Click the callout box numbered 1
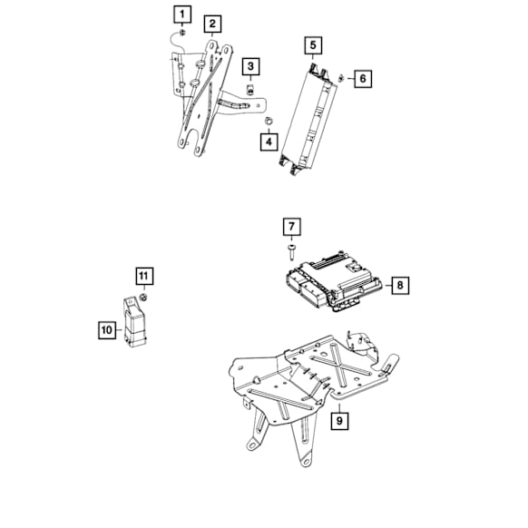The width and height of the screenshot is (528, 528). point(184,14)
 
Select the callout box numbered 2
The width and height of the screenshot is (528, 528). point(211,23)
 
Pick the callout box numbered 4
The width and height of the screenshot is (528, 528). point(269,141)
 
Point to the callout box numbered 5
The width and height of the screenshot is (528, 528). point(312,44)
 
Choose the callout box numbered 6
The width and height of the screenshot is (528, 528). point(362,79)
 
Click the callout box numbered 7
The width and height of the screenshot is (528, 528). point(291,226)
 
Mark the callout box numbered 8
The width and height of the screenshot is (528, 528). point(400,286)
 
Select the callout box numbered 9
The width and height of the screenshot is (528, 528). point(338,420)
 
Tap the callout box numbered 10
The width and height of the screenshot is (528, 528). point(107,331)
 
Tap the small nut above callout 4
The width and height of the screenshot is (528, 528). point(269,120)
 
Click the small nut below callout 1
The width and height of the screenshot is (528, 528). point(182,33)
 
